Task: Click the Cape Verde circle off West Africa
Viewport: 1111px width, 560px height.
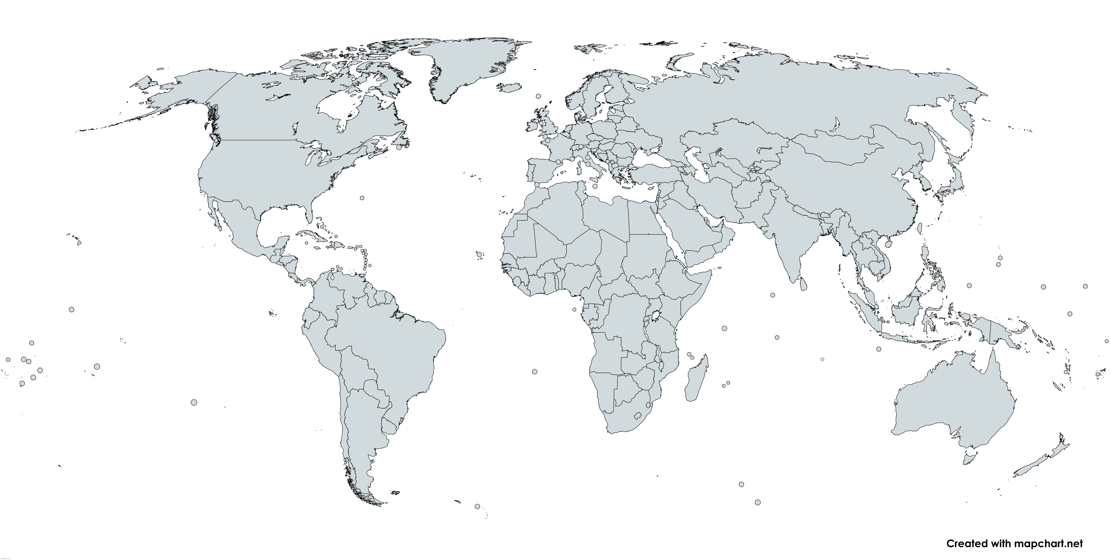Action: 479,254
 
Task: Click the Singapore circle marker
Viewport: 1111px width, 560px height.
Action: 876,307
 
